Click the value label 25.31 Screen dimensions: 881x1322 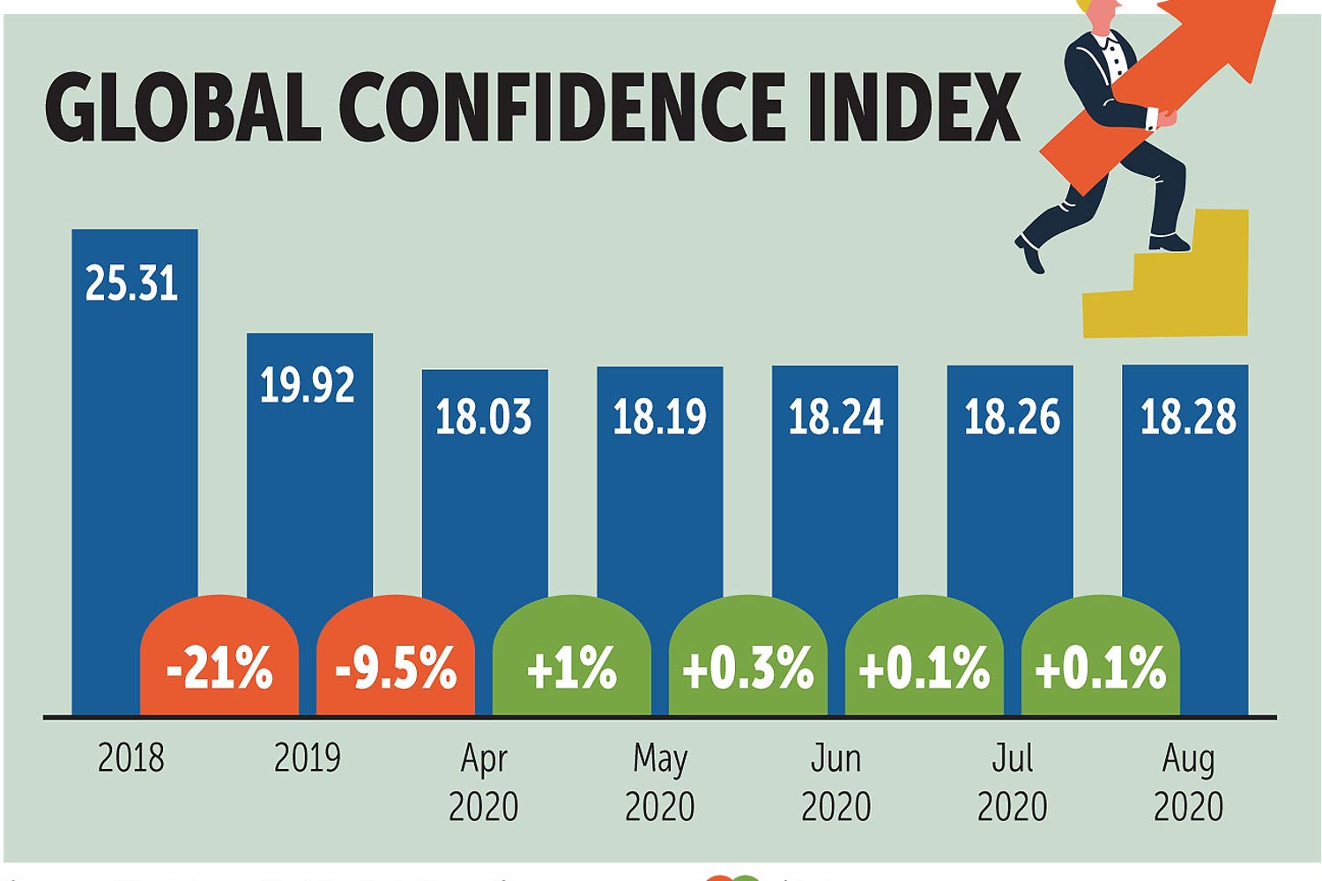[132, 284]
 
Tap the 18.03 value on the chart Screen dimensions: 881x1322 [484, 417]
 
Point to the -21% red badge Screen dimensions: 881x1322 [219, 667]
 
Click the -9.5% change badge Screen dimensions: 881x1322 [396, 667]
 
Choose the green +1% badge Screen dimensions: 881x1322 [571, 667]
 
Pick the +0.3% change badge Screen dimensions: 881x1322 [747, 667]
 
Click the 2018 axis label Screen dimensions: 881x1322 [131, 758]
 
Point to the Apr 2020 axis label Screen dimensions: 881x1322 [484, 782]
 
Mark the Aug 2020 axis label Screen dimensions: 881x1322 [1188, 782]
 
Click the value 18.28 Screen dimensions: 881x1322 [1188, 417]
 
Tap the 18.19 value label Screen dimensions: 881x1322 [660, 417]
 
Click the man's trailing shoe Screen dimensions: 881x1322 [1029, 254]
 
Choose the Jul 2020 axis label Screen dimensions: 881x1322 [1012, 782]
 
